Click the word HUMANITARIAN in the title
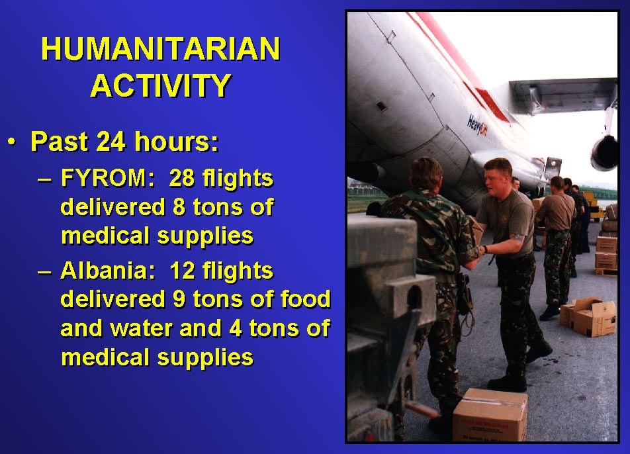(161, 49)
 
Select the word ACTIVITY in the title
(161, 85)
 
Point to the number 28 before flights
(182, 177)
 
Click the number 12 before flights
(182, 271)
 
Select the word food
(305, 298)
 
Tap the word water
(140, 328)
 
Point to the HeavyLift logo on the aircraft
(477, 125)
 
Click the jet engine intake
(604, 153)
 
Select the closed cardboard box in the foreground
(490, 415)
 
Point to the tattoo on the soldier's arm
(518, 237)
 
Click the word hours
(177, 142)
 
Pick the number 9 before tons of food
(179, 299)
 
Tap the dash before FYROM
(44, 179)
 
